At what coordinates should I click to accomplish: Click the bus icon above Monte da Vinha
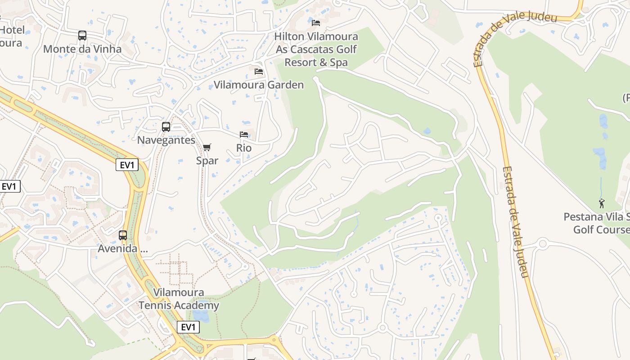(x=82, y=36)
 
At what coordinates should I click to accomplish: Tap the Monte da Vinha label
(x=82, y=49)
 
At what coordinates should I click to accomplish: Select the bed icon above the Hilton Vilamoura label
(x=316, y=22)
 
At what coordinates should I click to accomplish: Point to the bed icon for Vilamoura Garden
(x=258, y=71)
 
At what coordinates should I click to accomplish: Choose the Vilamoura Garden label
(x=259, y=85)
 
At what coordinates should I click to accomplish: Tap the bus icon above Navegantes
(x=166, y=127)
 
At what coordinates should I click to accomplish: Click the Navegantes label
(x=166, y=140)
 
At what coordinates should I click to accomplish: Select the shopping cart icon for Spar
(x=207, y=147)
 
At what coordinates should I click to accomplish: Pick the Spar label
(x=207, y=160)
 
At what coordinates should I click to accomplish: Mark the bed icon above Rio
(x=244, y=135)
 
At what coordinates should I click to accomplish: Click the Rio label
(x=244, y=148)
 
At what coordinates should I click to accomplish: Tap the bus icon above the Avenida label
(x=122, y=235)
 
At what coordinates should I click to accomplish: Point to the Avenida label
(x=123, y=248)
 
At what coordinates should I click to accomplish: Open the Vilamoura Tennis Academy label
(x=179, y=299)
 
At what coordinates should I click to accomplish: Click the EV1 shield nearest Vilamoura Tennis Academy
(x=188, y=327)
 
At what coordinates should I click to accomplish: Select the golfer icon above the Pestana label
(x=602, y=203)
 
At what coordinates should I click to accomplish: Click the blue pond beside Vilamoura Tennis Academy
(x=201, y=315)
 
